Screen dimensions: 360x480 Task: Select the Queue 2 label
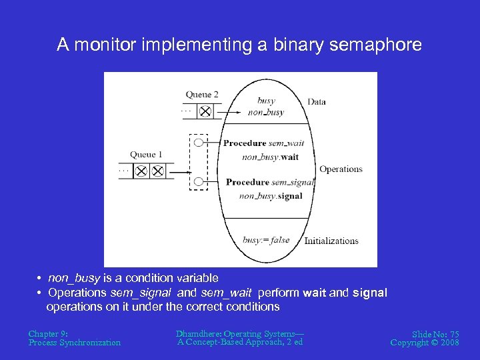coord(202,95)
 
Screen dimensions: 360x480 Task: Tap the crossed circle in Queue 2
coord(205,111)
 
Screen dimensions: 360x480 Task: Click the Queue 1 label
coord(146,155)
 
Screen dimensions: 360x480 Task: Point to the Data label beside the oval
coord(317,102)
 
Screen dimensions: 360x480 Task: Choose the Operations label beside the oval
coord(341,169)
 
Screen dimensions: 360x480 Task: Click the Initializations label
coord(331,241)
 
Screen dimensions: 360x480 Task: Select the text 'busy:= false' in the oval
coord(266,240)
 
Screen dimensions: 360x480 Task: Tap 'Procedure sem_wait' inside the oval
coord(263,143)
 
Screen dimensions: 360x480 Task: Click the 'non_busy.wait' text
coord(270,157)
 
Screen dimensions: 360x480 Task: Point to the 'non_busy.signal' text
coord(270,196)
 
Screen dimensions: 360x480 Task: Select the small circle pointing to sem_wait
coord(199,142)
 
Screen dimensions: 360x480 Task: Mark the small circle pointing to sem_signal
coord(199,181)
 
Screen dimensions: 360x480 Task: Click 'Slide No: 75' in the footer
coord(435,333)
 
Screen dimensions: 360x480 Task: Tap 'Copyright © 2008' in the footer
coord(425,343)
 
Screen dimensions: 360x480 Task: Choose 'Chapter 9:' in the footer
coord(48,333)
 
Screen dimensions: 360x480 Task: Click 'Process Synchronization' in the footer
coord(75,343)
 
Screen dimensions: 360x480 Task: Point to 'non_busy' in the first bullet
coord(74,278)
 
